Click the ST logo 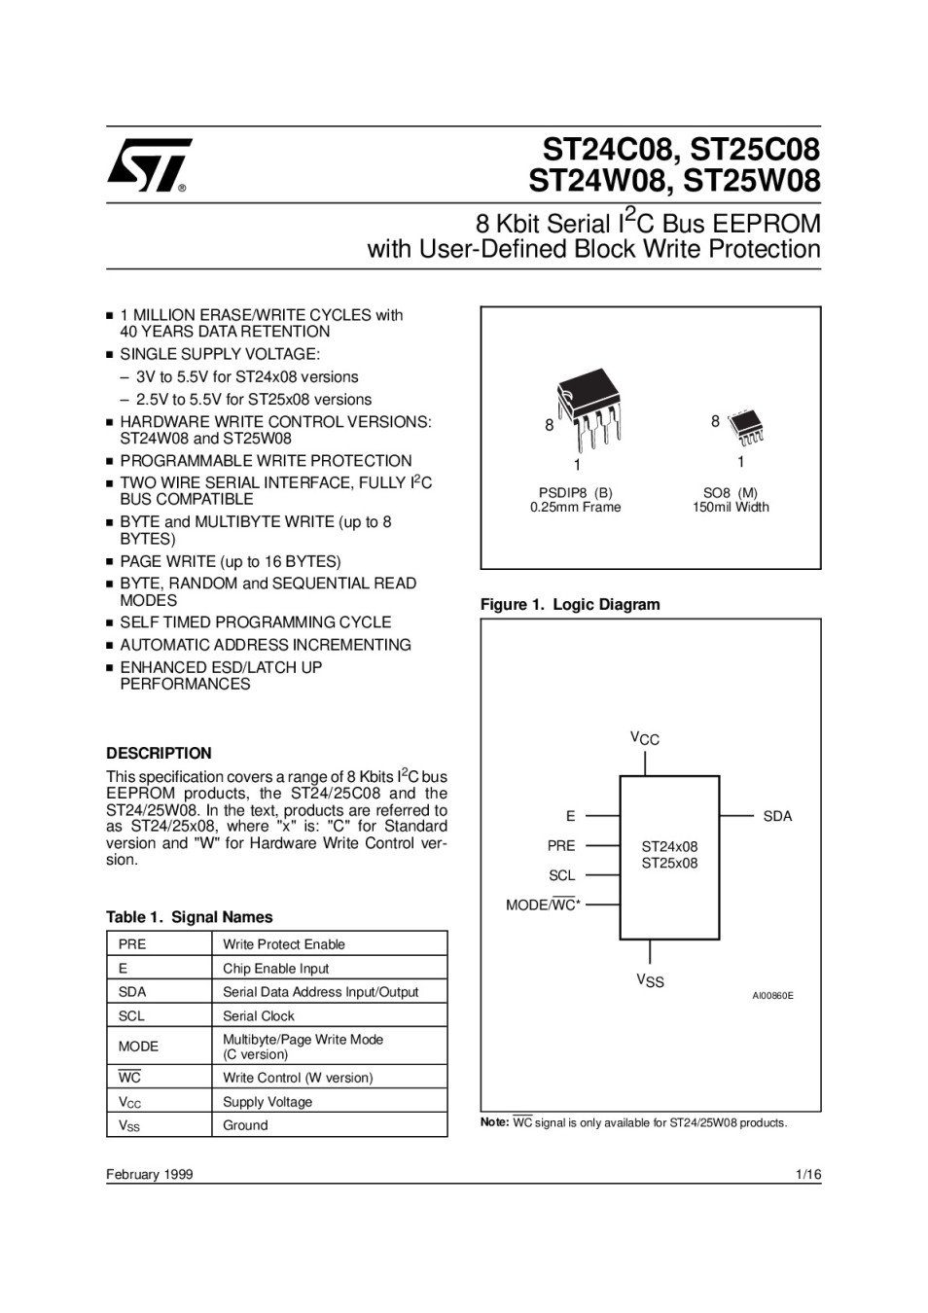(x=148, y=165)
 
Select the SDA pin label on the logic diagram (x=777, y=816)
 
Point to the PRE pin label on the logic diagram (x=561, y=845)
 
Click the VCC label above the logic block (x=645, y=739)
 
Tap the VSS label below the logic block (x=650, y=980)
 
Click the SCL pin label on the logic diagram (x=562, y=875)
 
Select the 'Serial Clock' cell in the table (x=259, y=1015)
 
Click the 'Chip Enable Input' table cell (x=276, y=968)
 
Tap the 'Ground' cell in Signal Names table (x=245, y=1125)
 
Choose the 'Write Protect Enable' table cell (x=284, y=944)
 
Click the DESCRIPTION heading (x=159, y=753)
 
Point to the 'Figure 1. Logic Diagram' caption (x=570, y=604)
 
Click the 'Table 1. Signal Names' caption (x=190, y=917)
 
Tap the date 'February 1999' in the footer (x=150, y=1174)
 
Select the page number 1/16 (x=808, y=1174)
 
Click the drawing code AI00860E (x=772, y=996)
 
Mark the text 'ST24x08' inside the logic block (x=669, y=846)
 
